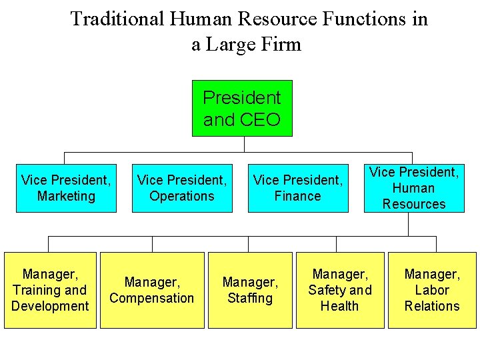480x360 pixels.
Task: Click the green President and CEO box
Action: click(242, 108)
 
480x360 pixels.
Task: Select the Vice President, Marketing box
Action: click(66, 188)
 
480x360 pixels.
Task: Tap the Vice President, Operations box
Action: click(182, 188)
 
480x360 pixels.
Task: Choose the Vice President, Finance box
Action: click(298, 188)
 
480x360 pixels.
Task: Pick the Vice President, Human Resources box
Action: click(414, 188)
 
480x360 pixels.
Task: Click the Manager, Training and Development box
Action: click(50, 290)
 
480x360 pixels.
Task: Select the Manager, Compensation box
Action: click(152, 290)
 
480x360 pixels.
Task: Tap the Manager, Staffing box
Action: click(250, 290)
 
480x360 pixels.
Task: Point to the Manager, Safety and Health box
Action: click(340, 290)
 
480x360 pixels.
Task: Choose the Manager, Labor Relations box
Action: click(432, 290)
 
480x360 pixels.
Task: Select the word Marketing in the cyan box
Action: click(66, 196)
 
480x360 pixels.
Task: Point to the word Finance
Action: click(298, 196)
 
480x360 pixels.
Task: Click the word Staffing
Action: click(250, 298)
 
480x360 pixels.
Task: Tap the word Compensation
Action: click(152, 298)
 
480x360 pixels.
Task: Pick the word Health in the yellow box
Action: click(340, 306)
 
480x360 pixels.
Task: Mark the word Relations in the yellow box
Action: click(432, 306)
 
